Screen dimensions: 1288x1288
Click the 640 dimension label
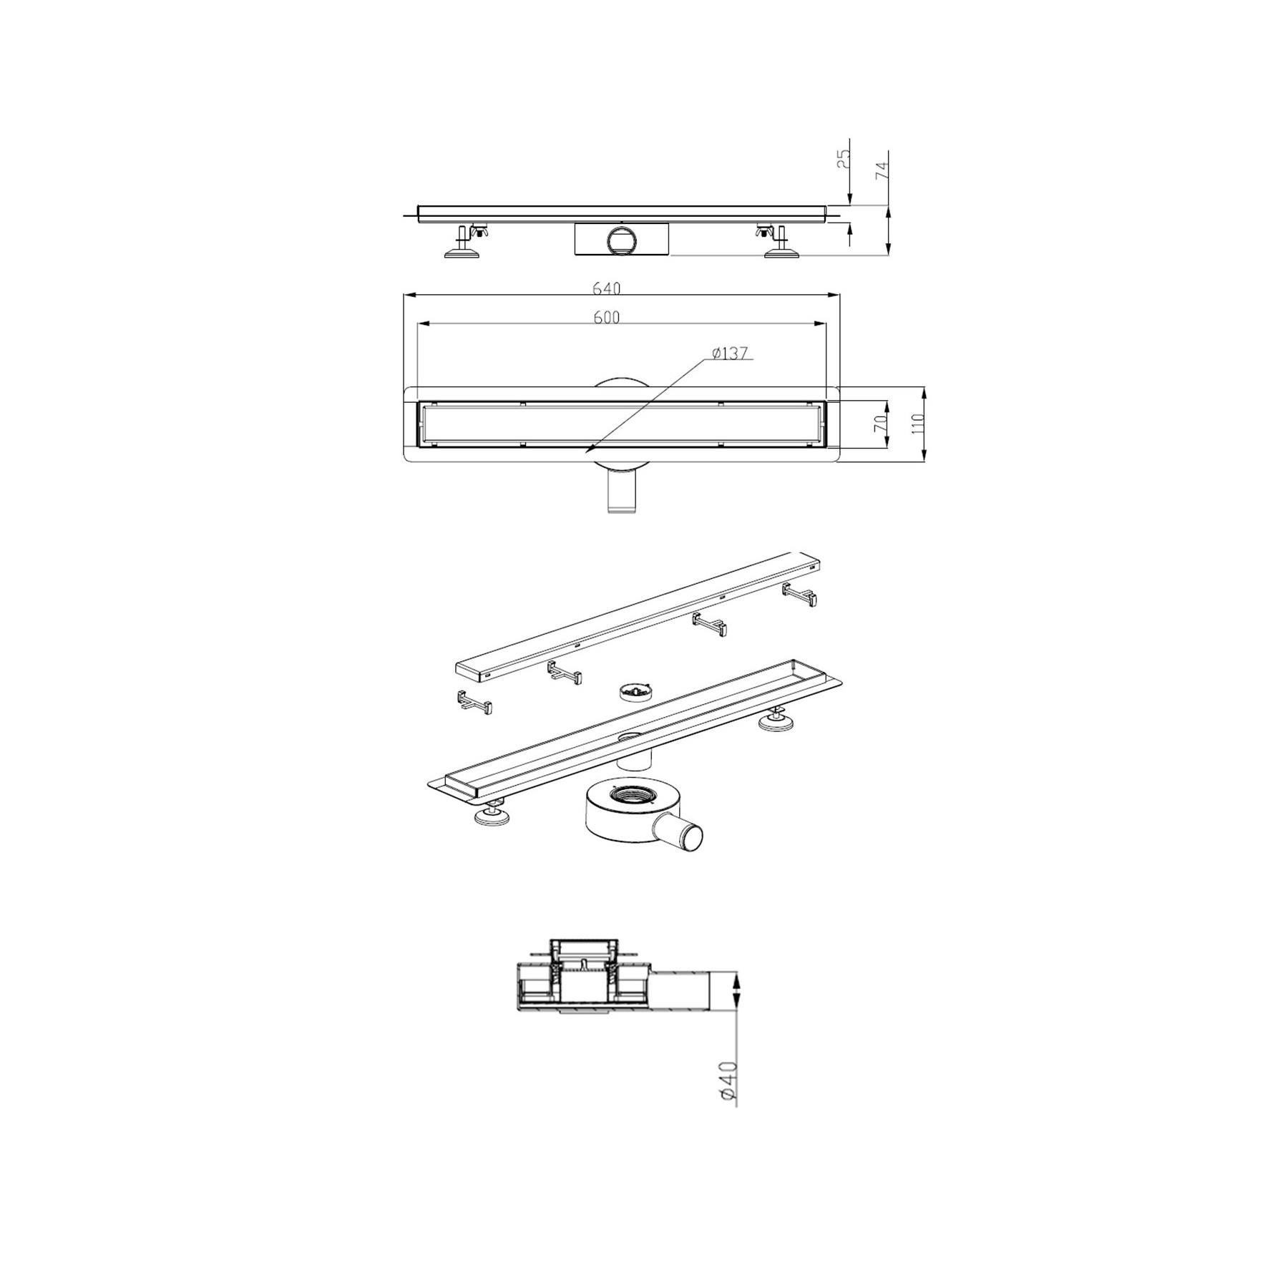pos(606,288)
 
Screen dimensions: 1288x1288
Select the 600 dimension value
pos(606,318)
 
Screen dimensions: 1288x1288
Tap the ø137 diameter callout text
pos(729,353)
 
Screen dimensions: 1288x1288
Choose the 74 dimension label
pos(882,170)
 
